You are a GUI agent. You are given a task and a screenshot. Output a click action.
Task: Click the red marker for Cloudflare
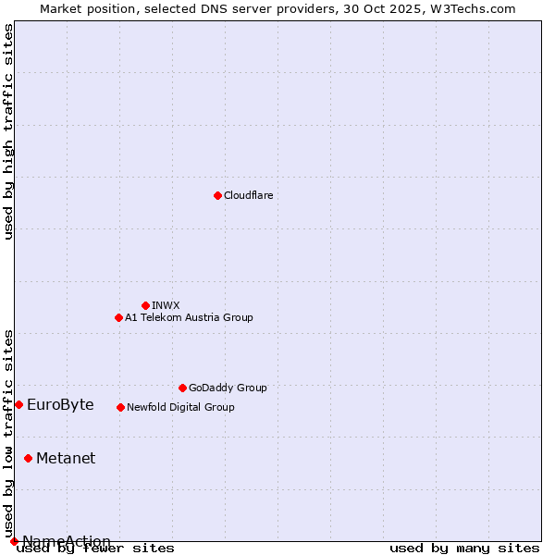(217, 195)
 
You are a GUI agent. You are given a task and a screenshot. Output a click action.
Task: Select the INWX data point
(145, 305)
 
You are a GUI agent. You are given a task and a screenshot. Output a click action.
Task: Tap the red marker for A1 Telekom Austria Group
(118, 317)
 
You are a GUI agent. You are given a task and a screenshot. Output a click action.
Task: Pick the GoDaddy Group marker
(182, 388)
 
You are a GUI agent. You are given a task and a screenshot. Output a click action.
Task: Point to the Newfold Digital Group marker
(120, 407)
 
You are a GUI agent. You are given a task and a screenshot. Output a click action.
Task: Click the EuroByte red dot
(18, 404)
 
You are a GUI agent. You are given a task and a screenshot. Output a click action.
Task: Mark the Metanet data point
(28, 458)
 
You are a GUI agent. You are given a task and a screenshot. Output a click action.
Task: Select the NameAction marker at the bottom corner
(14, 541)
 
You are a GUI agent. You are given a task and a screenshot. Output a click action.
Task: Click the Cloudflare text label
(248, 195)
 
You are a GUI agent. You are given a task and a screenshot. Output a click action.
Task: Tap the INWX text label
(166, 305)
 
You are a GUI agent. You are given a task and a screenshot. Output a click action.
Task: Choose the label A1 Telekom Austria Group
(189, 317)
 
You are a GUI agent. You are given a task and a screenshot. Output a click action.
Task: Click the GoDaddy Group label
(228, 388)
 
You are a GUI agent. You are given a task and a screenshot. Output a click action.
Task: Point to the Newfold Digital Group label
(180, 407)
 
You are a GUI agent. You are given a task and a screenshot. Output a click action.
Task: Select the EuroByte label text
(60, 404)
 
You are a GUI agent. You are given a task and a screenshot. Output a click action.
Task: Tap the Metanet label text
(66, 458)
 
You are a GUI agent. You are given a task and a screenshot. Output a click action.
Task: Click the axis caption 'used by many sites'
(464, 548)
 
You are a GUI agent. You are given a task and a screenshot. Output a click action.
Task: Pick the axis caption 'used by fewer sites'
(95, 548)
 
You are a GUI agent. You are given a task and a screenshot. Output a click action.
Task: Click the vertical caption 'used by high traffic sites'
(9, 131)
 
